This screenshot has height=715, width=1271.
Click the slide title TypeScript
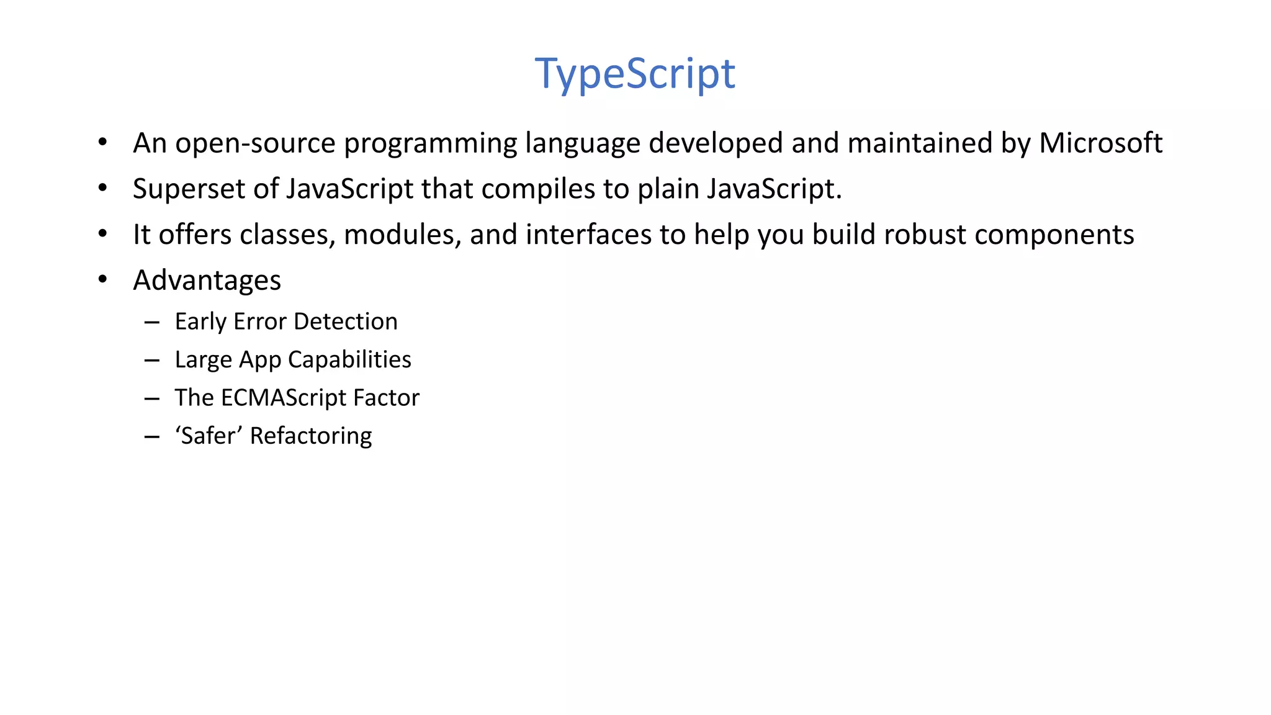(635, 74)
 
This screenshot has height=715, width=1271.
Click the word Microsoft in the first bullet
(1100, 143)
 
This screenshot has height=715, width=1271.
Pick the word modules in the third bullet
(402, 235)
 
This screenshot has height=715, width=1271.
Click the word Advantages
(207, 281)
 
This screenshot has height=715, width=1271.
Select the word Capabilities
(349, 360)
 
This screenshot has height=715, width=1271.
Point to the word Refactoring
(310, 436)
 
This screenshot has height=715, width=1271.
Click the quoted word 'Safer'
(209, 436)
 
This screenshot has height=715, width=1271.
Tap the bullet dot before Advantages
(103, 280)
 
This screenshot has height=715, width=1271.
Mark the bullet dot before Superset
(103, 188)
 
